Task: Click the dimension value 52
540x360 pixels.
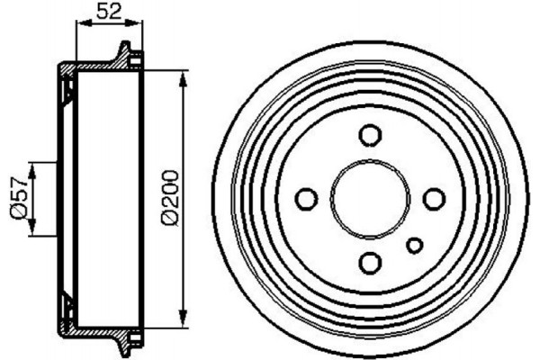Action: coord(109,12)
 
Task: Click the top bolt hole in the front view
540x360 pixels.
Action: coord(370,135)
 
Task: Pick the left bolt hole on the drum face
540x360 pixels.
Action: coord(307,198)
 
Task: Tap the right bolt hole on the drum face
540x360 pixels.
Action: coord(434,198)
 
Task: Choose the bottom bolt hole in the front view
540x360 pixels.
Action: coord(370,262)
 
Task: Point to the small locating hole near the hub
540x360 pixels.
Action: coord(415,244)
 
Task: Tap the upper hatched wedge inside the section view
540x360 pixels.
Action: coord(67,89)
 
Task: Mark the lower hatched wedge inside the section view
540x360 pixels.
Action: coord(67,307)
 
